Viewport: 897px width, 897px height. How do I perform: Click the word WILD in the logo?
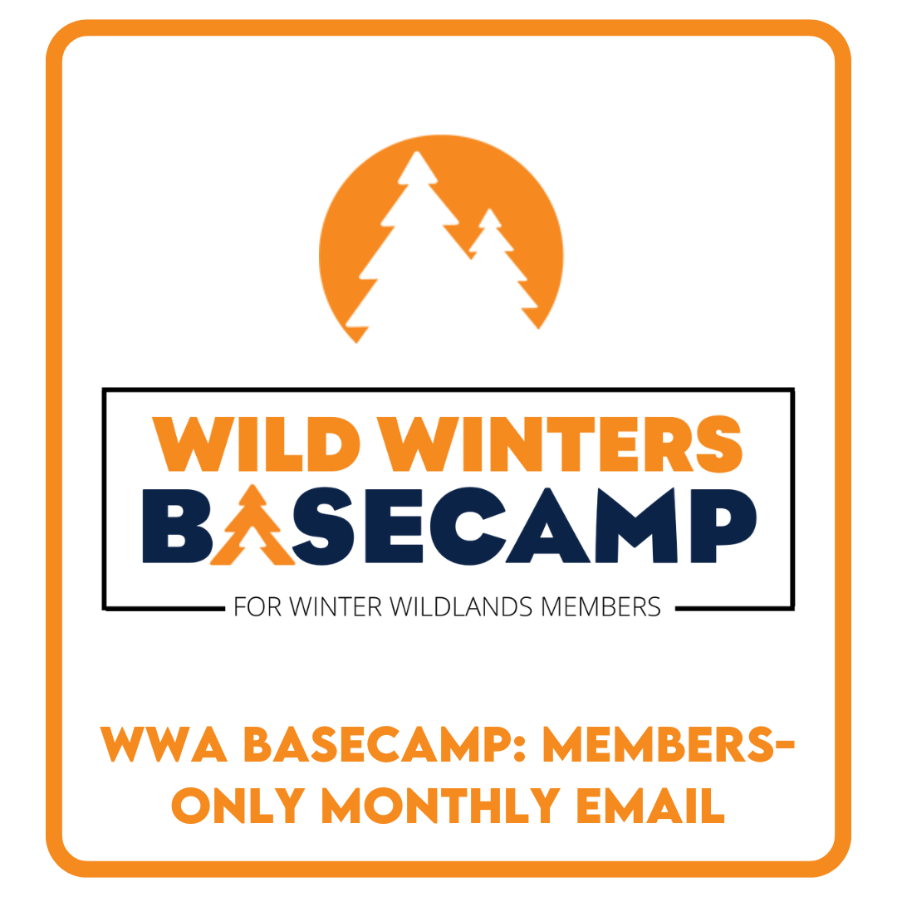tap(256, 444)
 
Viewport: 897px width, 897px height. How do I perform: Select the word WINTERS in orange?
tap(560, 444)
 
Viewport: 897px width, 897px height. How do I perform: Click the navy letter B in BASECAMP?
tap(177, 526)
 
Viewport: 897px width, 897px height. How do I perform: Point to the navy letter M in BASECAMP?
tap(636, 525)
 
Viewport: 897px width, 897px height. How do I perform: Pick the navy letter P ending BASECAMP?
tap(723, 525)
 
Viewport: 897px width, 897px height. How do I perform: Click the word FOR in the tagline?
tap(257, 607)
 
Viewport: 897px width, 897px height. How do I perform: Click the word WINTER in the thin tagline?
tap(336, 607)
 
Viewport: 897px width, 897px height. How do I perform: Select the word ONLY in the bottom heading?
tap(238, 806)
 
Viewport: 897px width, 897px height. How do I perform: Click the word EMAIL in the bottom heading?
tap(650, 806)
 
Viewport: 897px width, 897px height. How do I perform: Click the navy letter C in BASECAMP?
tap(466, 526)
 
